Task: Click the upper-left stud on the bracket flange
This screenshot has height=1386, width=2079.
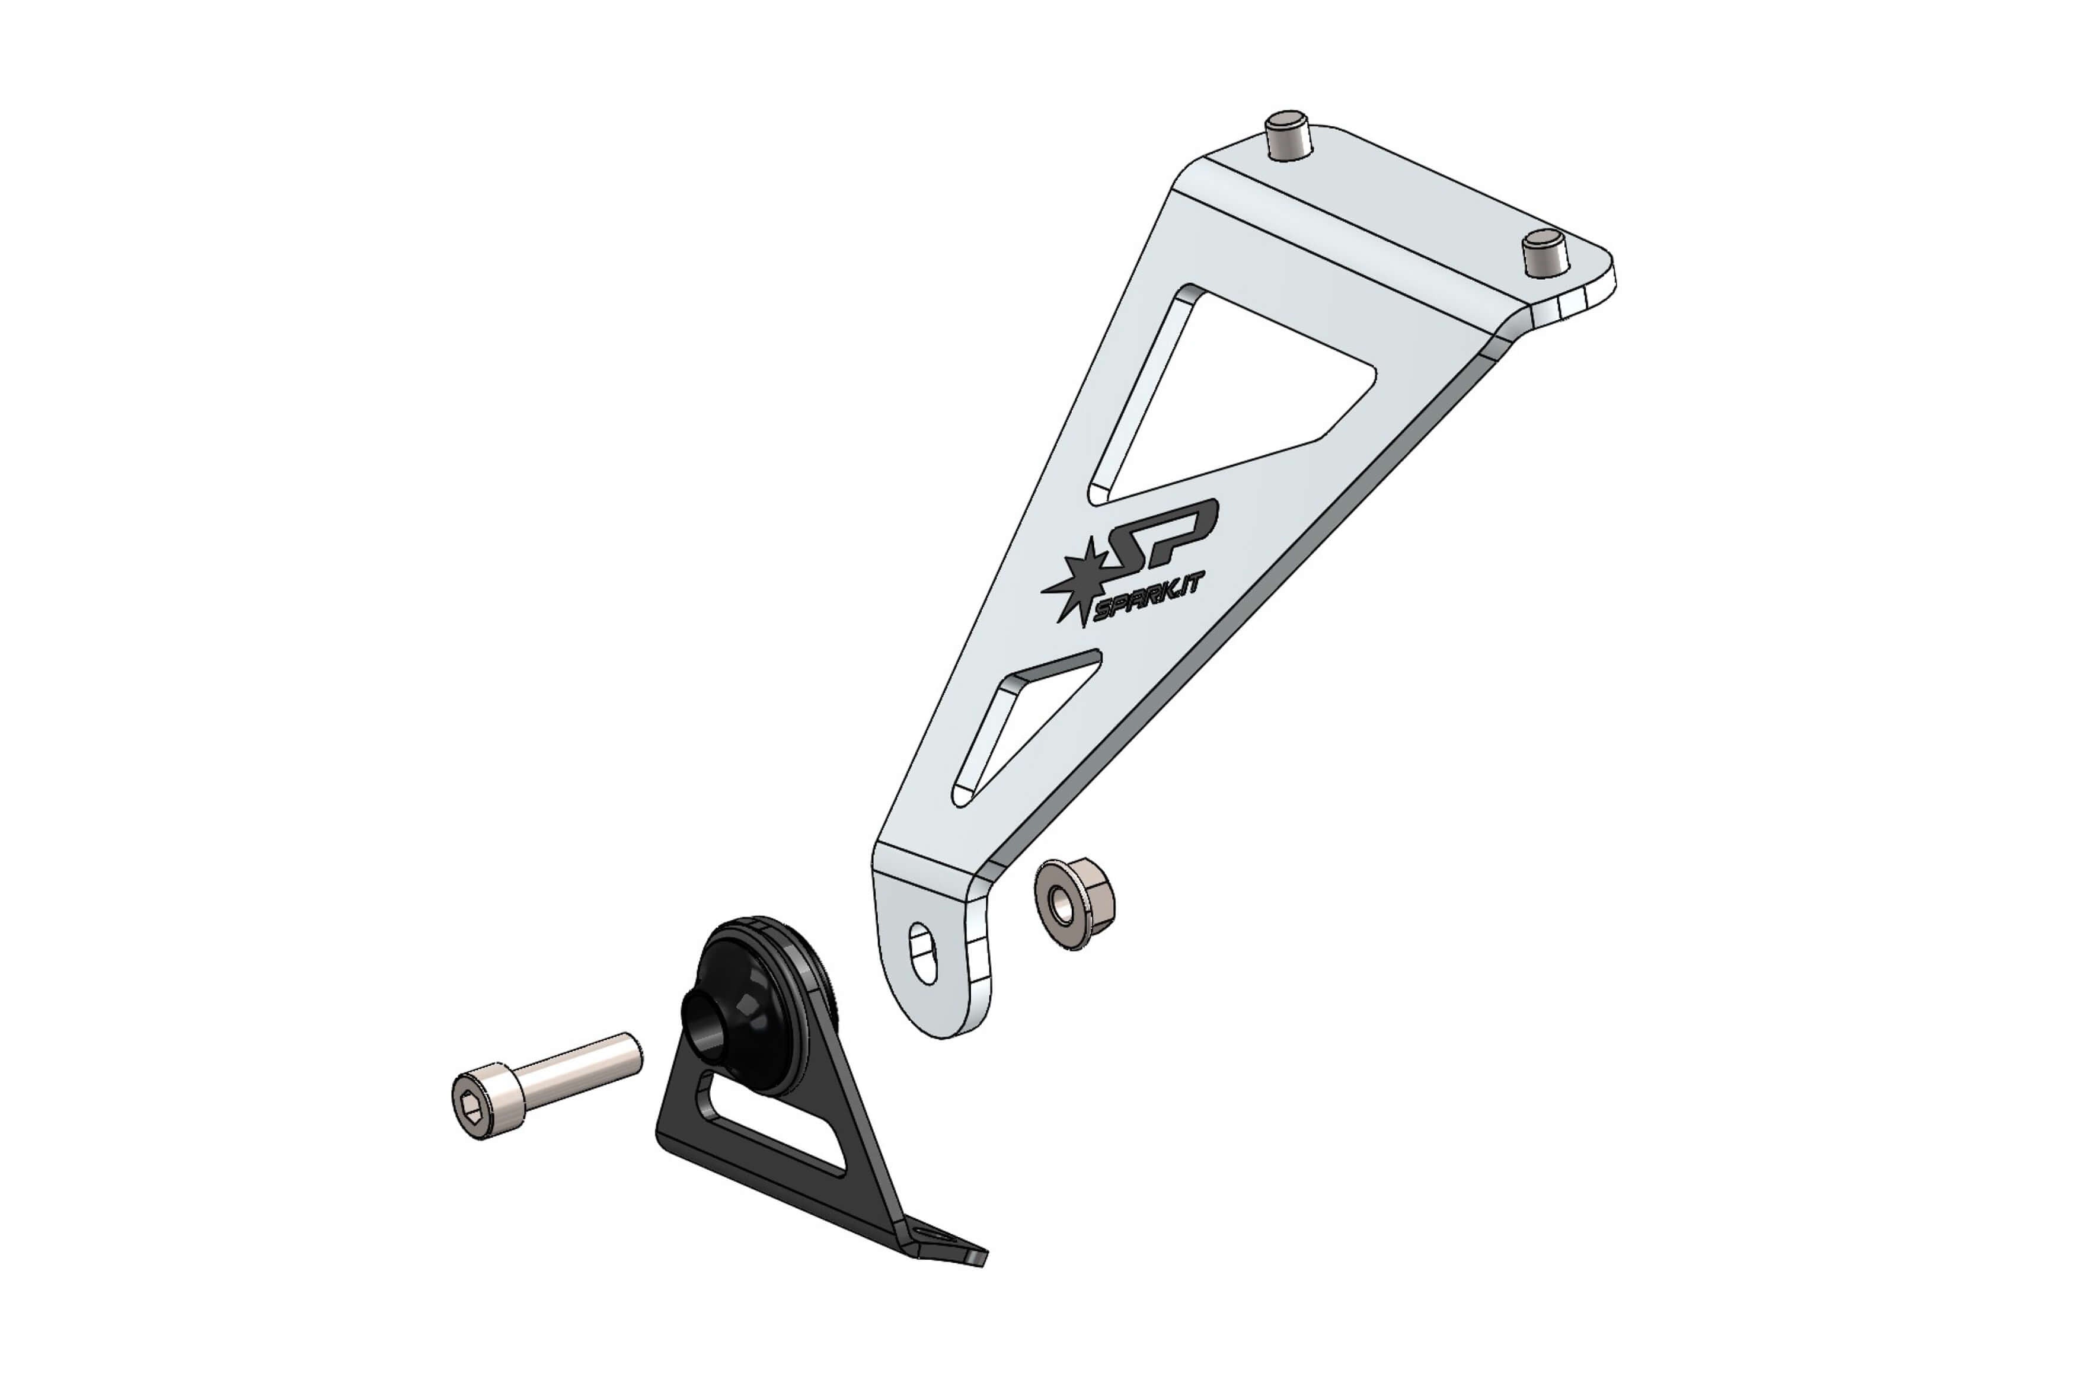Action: point(1286,136)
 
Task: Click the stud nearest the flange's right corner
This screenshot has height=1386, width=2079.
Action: point(1545,252)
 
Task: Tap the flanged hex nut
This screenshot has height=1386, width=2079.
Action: point(1074,903)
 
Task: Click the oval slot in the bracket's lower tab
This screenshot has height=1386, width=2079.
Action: point(924,952)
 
